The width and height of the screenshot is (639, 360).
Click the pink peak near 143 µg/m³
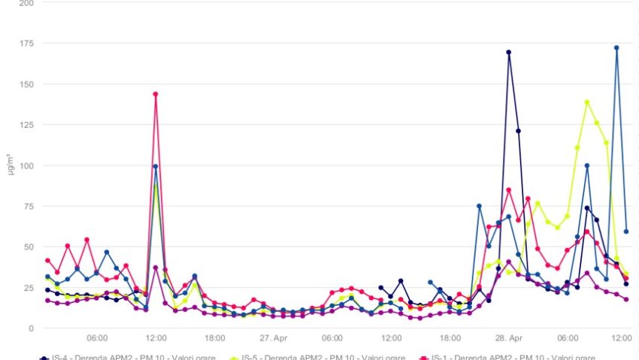tap(156, 94)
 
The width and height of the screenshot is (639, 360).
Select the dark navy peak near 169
tap(509, 53)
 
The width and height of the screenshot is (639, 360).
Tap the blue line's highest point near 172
tap(616, 47)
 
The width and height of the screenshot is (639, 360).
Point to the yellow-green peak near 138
tap(586, 102)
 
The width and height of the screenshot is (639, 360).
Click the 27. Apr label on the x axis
tap(274, 338)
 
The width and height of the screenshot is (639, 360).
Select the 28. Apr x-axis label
tap(509, 338)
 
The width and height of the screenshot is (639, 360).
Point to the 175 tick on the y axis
tap(26, 43)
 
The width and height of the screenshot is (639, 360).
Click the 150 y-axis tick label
tap(26, 83)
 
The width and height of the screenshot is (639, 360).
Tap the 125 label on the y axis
tap(26, 124)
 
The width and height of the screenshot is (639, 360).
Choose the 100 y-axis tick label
tap(26, 165)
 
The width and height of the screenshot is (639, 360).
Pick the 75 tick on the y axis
tap(29, 206)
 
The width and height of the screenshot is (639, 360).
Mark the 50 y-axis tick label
tap(29, 247)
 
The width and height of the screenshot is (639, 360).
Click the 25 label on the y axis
tap(29, 288)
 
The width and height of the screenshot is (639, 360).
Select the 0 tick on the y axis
tap(31, 328)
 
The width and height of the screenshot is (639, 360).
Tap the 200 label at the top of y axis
tap(26, 3)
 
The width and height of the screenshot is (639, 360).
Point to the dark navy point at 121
tap(518, 131)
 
